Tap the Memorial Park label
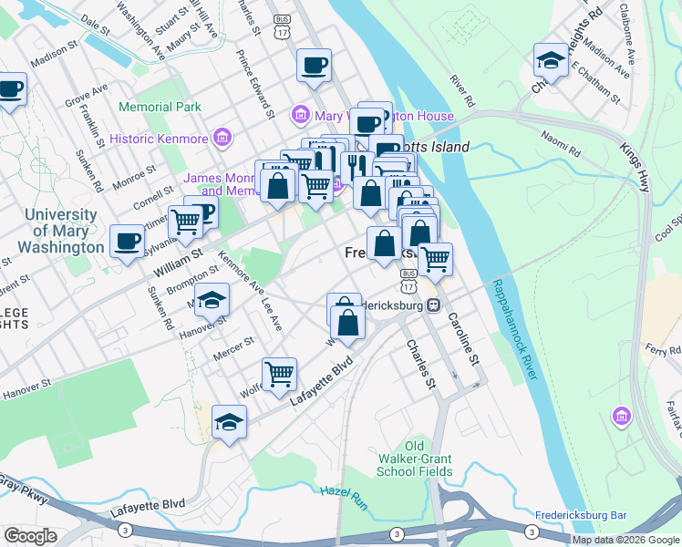click(160, 107)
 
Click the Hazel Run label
click(341, 497)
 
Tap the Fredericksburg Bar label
click(580, 515)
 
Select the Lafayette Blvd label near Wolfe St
click(321, 379)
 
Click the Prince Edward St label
click(256, 84)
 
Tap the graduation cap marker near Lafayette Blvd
click(229, 420)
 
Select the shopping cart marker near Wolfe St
click(279, 372)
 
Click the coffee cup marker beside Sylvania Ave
click(127, 242)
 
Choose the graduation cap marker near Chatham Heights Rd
click(550, 60)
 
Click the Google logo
click(30, 536)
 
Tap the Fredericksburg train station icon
click(434, 306)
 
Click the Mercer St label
click(235, 347)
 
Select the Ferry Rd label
click(663, 350)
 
